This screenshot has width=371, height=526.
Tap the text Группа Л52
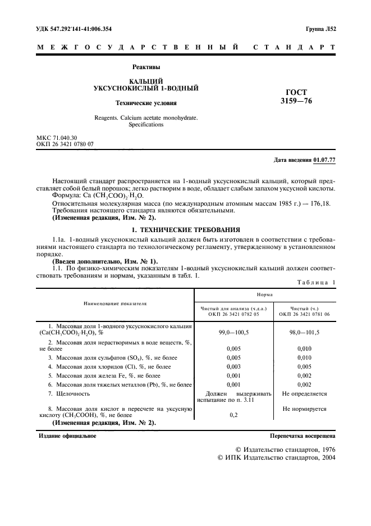[x=320, y=29]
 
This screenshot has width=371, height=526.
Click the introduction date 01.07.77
[x=325, y=161]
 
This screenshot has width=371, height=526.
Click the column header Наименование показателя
[x=114, y=303]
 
